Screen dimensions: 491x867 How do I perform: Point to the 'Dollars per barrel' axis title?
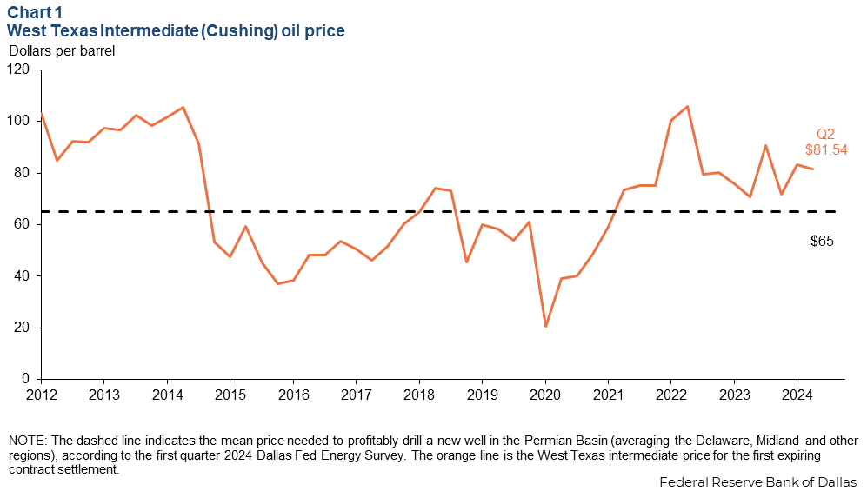62,50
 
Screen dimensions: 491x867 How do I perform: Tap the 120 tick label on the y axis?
20,70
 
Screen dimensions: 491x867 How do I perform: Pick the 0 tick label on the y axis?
27,380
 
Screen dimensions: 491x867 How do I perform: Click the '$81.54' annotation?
824,149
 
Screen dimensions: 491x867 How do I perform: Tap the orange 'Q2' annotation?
825,134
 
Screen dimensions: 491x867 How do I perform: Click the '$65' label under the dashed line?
822,241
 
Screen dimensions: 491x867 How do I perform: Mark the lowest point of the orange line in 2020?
545,327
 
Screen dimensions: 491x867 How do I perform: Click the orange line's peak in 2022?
687,107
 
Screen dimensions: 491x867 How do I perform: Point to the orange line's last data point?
813,169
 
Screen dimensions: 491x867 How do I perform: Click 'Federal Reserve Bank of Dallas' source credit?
757,481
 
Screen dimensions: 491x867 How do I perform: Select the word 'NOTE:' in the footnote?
26,440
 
